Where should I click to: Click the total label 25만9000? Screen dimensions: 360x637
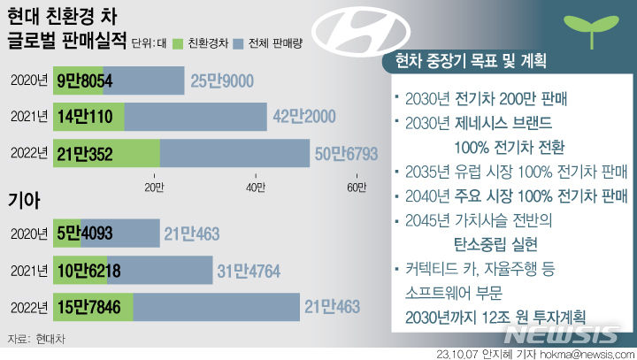(x=219, y=81)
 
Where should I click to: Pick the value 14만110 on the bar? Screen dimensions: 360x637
(x=86, y=117)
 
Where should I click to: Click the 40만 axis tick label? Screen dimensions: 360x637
(x=255, y=187)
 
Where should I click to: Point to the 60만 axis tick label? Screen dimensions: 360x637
(x=357, y=187)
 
